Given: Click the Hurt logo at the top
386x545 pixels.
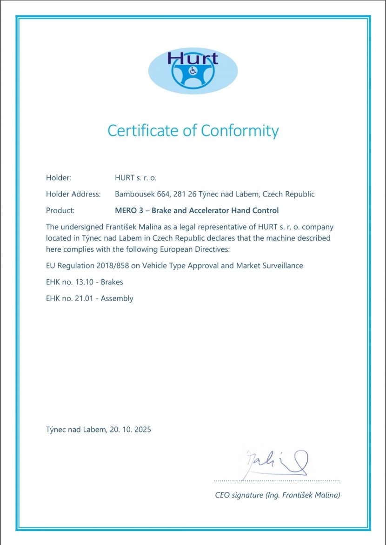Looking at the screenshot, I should coord(193,71).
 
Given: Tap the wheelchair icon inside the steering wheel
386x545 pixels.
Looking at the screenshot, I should coord(193,71).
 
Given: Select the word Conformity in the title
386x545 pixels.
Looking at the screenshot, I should coord(240,130).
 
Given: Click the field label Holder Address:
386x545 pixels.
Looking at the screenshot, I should coord(73,194).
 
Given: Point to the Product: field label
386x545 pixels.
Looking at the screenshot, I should coord(60,210).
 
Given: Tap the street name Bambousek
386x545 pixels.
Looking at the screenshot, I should coord(134,194).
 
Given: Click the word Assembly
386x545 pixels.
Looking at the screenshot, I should coord(117,298).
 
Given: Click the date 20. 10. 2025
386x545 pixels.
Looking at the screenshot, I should coord(130,430).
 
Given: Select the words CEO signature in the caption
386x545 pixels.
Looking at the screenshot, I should coord(239,495).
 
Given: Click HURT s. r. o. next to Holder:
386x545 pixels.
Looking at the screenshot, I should coord(136,178).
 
